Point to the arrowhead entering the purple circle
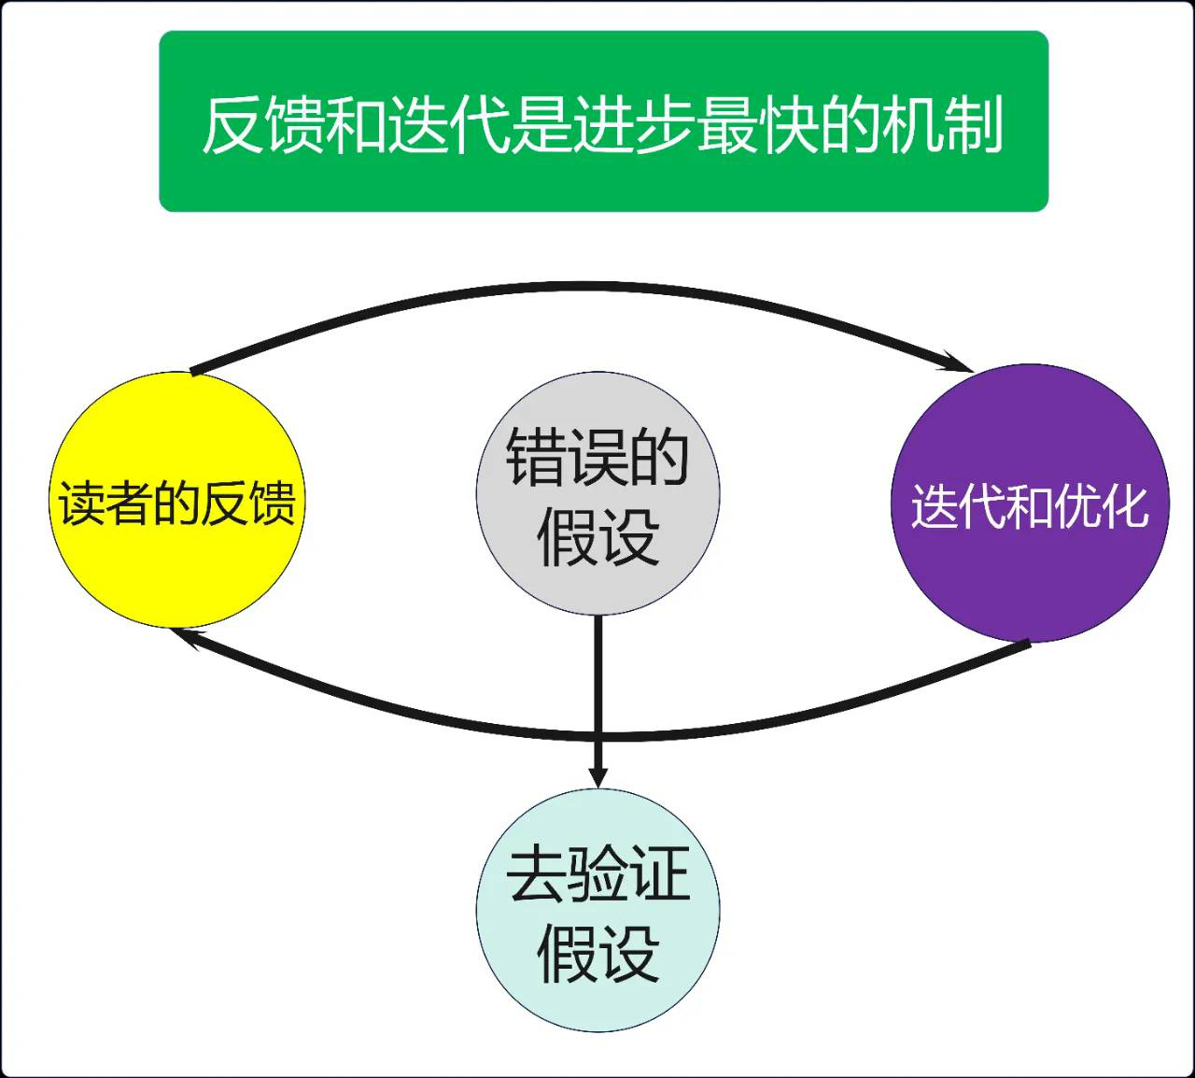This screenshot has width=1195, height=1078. pos(960,362)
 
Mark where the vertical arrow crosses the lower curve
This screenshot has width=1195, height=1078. pos(598,737)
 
